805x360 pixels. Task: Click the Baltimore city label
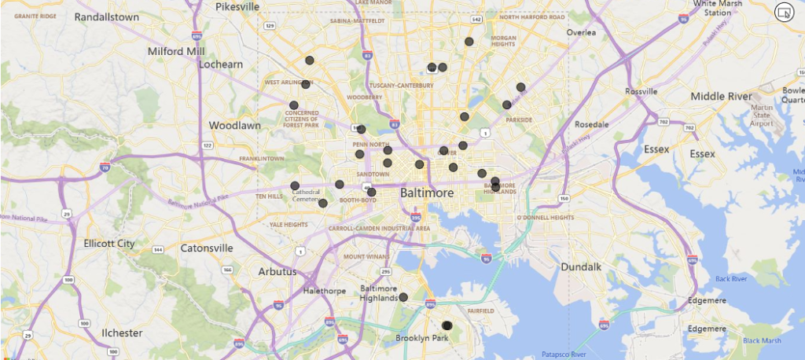pos(428,193)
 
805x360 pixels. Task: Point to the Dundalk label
pos(582,266)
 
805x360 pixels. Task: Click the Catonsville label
pos(207,248)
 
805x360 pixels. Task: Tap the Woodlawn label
pos(234,125)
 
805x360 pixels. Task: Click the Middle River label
pos(721,96)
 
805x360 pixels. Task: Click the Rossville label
pos(641,91)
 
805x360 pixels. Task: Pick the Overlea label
pos(582,32)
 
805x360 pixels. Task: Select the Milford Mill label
pos(176,52)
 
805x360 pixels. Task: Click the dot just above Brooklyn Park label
pos(447,325)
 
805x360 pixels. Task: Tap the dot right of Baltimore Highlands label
pos(403,297)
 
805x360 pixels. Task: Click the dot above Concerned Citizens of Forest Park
pos(294,105)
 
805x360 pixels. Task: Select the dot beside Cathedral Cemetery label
pos(295,186)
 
